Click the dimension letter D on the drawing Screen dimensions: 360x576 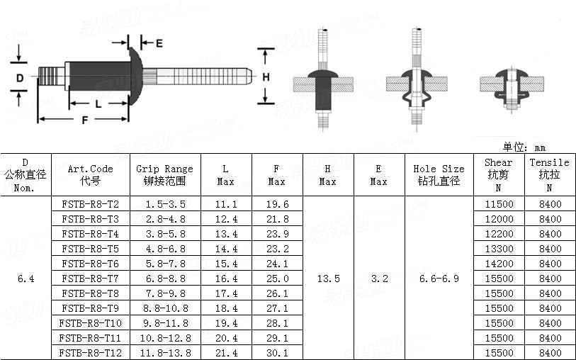21,77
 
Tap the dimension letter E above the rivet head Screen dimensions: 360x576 159,43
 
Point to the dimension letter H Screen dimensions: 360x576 266,77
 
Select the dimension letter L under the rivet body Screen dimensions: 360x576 98,103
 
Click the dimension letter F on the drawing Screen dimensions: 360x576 85,120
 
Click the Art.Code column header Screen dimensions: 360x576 90,174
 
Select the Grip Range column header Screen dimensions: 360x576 164,174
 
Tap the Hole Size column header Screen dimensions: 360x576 439,174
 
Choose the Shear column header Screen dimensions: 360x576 498,174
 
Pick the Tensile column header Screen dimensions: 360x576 549,174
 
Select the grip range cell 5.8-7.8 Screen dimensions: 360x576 164,264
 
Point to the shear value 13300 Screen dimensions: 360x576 499,249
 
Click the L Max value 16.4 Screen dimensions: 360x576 225,279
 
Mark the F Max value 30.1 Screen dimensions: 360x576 276,353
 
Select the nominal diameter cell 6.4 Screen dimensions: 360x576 26,279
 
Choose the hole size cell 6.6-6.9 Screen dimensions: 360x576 439,279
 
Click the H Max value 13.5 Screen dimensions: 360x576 327,279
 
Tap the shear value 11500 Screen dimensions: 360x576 499,204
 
